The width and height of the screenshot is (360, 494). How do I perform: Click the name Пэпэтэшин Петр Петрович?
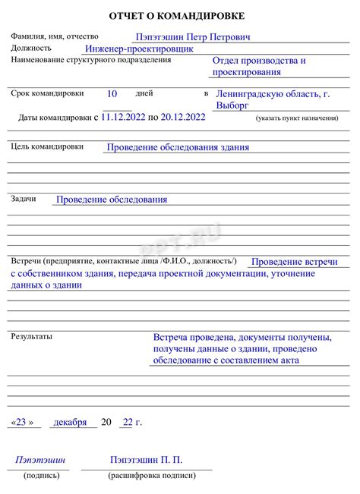point(193,36)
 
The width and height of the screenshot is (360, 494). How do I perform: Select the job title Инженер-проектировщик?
point(139,48)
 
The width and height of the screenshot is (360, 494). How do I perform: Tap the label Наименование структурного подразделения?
point(101,59)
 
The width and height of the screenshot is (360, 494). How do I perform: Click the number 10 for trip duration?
point(112,93)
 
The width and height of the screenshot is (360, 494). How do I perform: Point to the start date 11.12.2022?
point(123,118)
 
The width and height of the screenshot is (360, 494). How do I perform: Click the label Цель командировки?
point(47,146)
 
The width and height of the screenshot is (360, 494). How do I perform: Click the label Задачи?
point(24,199)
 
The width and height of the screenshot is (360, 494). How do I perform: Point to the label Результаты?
point(31,335)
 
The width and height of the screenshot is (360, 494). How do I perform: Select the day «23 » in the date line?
point(23,422)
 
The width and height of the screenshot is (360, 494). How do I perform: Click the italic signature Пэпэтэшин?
point(40,460)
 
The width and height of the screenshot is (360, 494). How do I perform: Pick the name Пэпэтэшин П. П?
point(146,460)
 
